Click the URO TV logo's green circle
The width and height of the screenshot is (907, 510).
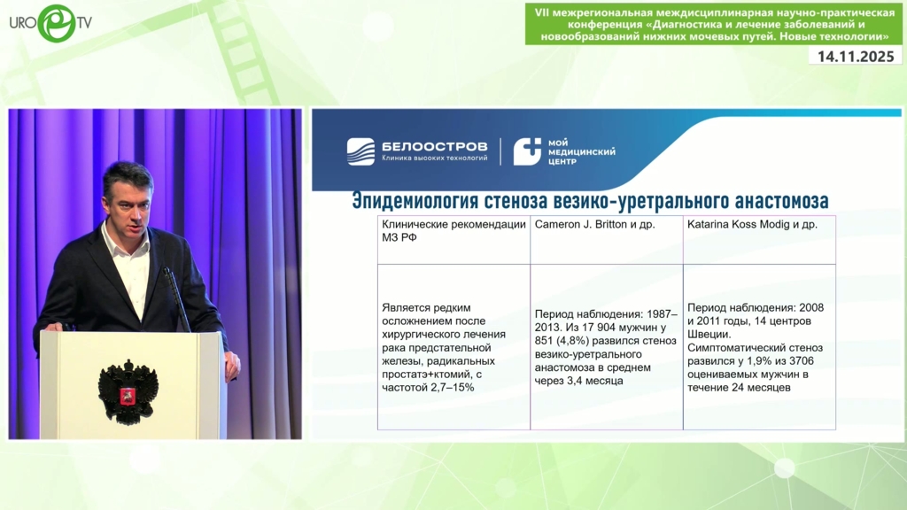tap(57, 23)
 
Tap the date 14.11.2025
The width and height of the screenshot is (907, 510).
tap(856, 56)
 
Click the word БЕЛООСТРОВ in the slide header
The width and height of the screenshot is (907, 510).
tap(434, 147)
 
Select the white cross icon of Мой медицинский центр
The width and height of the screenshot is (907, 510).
tap(527, 151)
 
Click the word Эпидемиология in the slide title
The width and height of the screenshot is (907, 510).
tap(415, 201)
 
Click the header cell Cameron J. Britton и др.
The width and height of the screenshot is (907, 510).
tap(594, 224)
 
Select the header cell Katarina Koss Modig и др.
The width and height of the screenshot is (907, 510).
tap(752, 224)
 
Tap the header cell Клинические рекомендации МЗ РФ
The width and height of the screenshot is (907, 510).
tap(453, 231)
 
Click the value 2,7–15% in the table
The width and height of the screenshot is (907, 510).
tap(453, 388)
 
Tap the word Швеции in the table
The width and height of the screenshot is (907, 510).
tap(709, 334)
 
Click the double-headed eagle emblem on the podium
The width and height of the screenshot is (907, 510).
tap(128, 392)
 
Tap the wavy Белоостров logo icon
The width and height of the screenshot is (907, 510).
tap(360, 151)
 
